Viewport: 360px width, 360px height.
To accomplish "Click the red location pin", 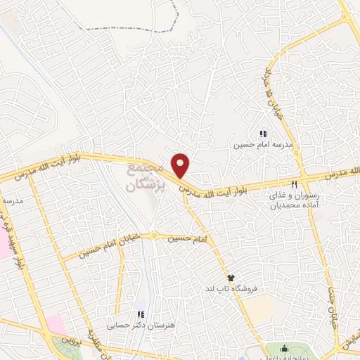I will click(x=181, y=165).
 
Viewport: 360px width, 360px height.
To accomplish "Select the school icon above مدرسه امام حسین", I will click(x=263, y=134).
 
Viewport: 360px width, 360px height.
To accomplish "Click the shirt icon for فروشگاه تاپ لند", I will click(x=230, y=278).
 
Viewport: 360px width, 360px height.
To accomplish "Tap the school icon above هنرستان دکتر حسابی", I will click(x=140, y=314).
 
